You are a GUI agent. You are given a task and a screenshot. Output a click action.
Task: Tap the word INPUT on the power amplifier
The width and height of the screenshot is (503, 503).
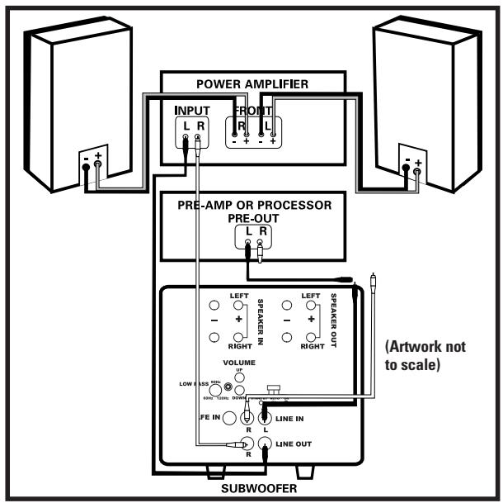point(190,111)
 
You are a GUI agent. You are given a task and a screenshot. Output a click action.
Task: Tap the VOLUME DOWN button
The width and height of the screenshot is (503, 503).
point(240,389)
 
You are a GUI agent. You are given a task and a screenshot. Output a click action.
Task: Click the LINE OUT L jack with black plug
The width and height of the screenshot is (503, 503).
point(266,444)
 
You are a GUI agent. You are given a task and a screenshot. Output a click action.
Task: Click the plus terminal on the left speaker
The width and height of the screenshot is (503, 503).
point(97,164)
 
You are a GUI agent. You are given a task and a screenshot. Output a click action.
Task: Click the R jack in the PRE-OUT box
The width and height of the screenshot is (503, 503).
point(259,244)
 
